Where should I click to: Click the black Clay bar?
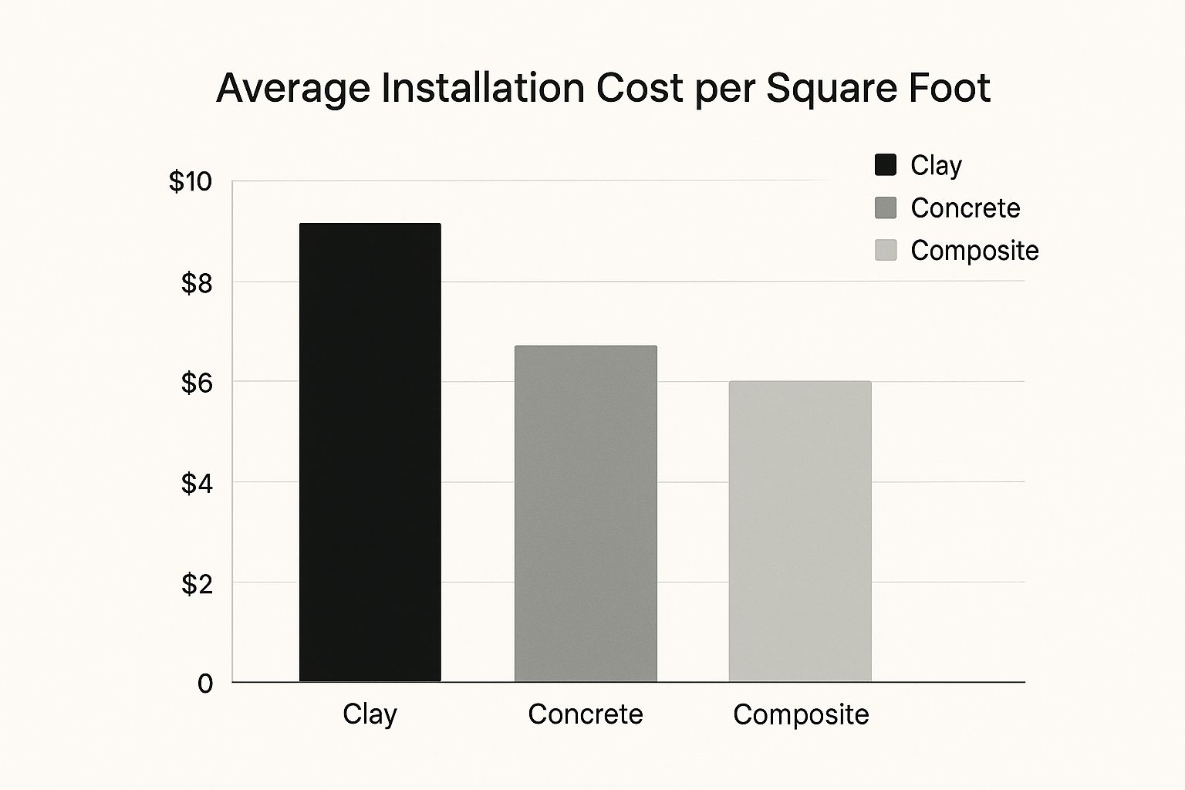pyautogui.click(x=370, y=452)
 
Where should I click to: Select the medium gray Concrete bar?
pyautogui.click(x=586, y=514)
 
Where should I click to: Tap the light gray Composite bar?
pyautogui.click(x=800, y=532)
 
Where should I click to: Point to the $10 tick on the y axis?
pyautogui.click(x=190, y=182)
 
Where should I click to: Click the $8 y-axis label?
pyautogui.click(x=196, y=283)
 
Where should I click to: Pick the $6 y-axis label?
pyautogui.click(x=196, y=383)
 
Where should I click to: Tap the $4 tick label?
pyautogui.click(x=196, y=484)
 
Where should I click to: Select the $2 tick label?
pyautogui.click(x=196, y=584)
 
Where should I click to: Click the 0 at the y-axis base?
pyautogui.click(x=204, y=684)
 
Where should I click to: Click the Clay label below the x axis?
pyautogui.click(x=370, y=714)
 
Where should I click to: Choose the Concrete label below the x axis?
pyautogui.click(x=586, y=714)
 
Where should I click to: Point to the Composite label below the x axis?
pyautogui.click(x=801, y=714)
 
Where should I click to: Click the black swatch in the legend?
pyautogui.click(x=886, y=165)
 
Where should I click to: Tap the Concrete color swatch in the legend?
pyautogui.click(x=886, y=208)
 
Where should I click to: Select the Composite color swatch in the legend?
pyautogui.click(x=886, y=250)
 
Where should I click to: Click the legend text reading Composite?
pyautogui.click(x=974, y=251)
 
